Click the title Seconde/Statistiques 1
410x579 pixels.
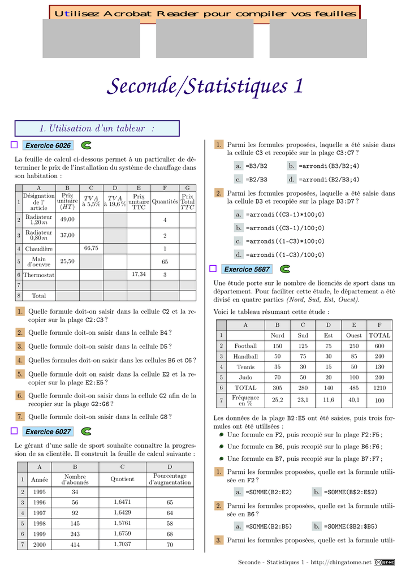coord(205,87)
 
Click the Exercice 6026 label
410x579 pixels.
coord(49,146)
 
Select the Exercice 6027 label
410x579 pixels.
coord(49,432)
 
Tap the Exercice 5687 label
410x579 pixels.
coord(247,269)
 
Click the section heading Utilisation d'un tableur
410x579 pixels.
coord(97,129)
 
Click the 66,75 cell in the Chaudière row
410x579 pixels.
coord(91,248)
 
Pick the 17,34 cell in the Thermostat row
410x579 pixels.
coord(139,274)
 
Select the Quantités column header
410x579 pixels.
coord(165,201)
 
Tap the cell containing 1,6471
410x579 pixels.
coord(123,502)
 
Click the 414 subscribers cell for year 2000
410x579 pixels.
coord(75,545)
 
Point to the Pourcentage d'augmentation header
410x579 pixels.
coord(170,479)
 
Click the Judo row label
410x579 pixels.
coord(245,377)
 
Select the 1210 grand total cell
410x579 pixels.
coord(379,388)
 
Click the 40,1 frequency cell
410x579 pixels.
coord(354,400)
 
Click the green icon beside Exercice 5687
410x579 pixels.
coord(285,268)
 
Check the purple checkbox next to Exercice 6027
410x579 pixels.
coord(14,431)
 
